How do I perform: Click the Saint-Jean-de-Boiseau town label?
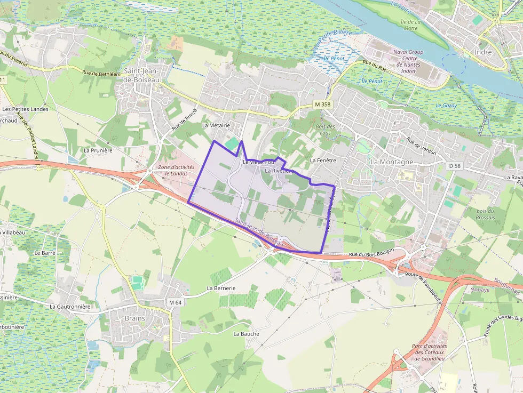click(x=141, y=75)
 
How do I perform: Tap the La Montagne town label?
click(x=392, y=162)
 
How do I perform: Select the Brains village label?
click(x=135, y=318)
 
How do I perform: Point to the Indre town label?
click(x=482, y=52)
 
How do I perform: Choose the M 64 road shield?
click(x=175, y=302)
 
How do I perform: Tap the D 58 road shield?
click(x=454, y=166)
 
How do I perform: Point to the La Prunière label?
click(x=98, y=150)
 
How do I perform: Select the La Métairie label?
click(x=216, y=125)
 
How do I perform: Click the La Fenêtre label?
click(x=322, y=160)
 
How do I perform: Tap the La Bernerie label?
click(x=221, y=288)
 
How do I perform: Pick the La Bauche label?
click(x=246, y=334)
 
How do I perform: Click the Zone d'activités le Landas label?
click(x=176, y=170)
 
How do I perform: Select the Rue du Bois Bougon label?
click(x=371, y=255)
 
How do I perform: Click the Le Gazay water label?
click(x=446, y=106)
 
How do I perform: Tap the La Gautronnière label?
click(x=70, y=307)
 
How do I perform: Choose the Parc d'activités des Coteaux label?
click(x=430, y=352)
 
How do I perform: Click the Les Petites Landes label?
click(x=25, y=109)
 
